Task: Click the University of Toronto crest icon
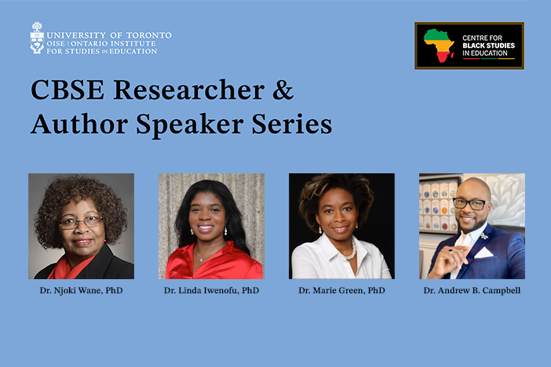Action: tap(37, 38)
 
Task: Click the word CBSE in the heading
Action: tap(68, 89)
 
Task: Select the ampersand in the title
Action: tap(283, 89)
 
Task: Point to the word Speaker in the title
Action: tap(190, 125)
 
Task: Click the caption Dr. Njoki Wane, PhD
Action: tap(81, 290)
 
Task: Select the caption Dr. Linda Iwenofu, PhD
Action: tap(212, 290)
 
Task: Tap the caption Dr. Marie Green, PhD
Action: tap(342, 290)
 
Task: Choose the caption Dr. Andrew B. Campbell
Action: tap(472, 290)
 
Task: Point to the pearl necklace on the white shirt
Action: tap(351, 250)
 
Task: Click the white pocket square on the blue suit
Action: tap(483, 253)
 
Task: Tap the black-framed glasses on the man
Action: tap(471, 204)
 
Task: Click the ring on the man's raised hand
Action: tap(451, 251)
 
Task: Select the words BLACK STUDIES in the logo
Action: tap(488, 45)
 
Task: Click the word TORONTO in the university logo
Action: tap(149, 35)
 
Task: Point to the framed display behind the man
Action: tap(440, 204)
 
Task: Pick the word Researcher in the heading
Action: tap(189, 89)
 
